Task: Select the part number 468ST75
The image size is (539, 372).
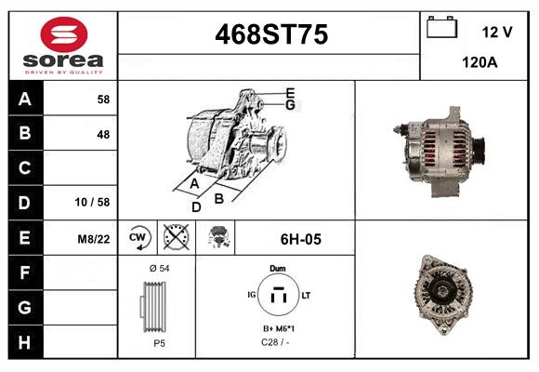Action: [271, 35]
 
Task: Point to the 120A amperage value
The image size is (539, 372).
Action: [480, 61]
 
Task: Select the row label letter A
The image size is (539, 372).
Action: [24, 99]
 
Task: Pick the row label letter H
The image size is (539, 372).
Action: [24, 341]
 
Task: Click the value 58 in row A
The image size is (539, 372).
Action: [102, 99]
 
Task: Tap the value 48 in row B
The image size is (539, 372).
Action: [102, 134]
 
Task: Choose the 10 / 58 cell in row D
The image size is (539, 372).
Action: [95, 202]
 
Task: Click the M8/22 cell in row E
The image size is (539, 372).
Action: [94, 239]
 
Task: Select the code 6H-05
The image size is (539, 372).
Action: [300, 239]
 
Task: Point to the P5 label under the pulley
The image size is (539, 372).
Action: [158, 342]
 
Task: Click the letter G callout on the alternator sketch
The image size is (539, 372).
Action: [290, 105]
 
